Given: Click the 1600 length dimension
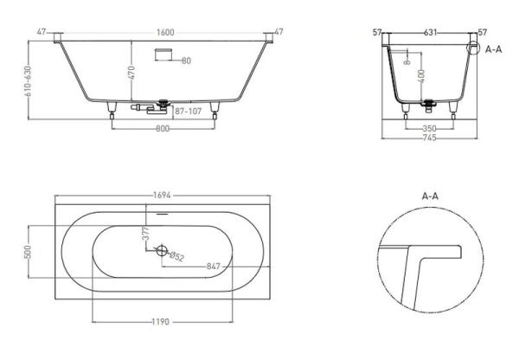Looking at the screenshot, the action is [x=165, y=33].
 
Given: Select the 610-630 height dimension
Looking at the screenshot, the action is [x=28, y=81].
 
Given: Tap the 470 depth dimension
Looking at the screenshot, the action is [x=131, y=73].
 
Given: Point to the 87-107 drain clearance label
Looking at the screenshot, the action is [x=188, y=112].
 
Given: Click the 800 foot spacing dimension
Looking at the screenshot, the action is [x=163, y=128].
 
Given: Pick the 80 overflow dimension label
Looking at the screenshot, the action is [x=186, y=61].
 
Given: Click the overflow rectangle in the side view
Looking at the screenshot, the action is [x=163, y=55].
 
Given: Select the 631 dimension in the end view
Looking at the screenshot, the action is [x=430, y=33].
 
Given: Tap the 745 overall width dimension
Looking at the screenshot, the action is [x=430, y=138].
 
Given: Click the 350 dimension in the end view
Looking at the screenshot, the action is [x=430, y=128].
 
